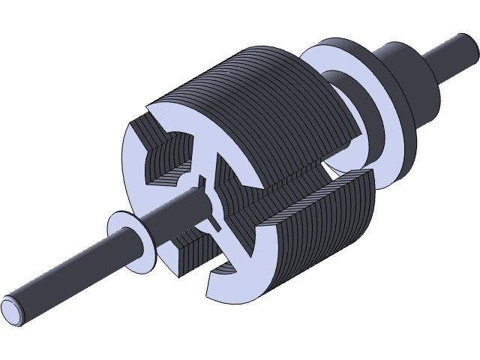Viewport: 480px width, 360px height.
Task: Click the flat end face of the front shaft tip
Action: point(13,307)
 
